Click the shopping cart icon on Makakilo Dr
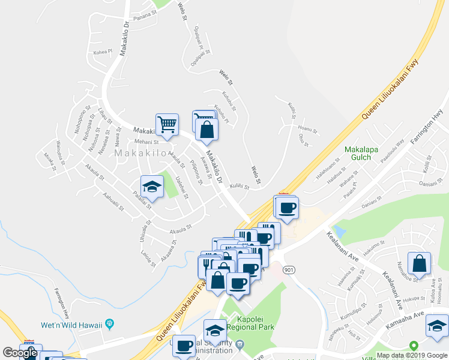[167, 125]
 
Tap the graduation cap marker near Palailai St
[152, 187]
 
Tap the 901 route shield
[289, 254]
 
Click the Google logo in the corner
[20, 353]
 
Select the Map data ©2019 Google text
[412, 355]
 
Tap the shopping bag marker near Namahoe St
[419, 263]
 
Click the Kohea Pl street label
[103, 52]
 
